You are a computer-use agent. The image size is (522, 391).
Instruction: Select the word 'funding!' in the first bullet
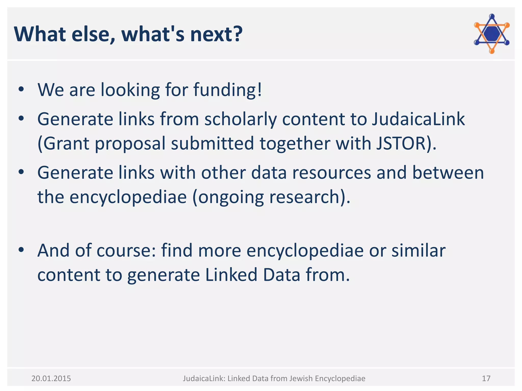[228, 90]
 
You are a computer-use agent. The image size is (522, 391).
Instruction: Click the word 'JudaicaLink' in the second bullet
[418, 119]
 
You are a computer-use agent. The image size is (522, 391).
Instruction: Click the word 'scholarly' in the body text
[240, 119]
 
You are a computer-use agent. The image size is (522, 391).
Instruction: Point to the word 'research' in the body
[304, 197]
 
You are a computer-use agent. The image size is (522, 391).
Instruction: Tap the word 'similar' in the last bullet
[418, 250]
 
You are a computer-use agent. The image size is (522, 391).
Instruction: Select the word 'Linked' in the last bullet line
[231, 275]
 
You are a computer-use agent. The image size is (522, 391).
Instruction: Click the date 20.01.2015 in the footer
[51, 379]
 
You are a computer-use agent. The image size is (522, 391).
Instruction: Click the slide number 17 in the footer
[486, 379]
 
